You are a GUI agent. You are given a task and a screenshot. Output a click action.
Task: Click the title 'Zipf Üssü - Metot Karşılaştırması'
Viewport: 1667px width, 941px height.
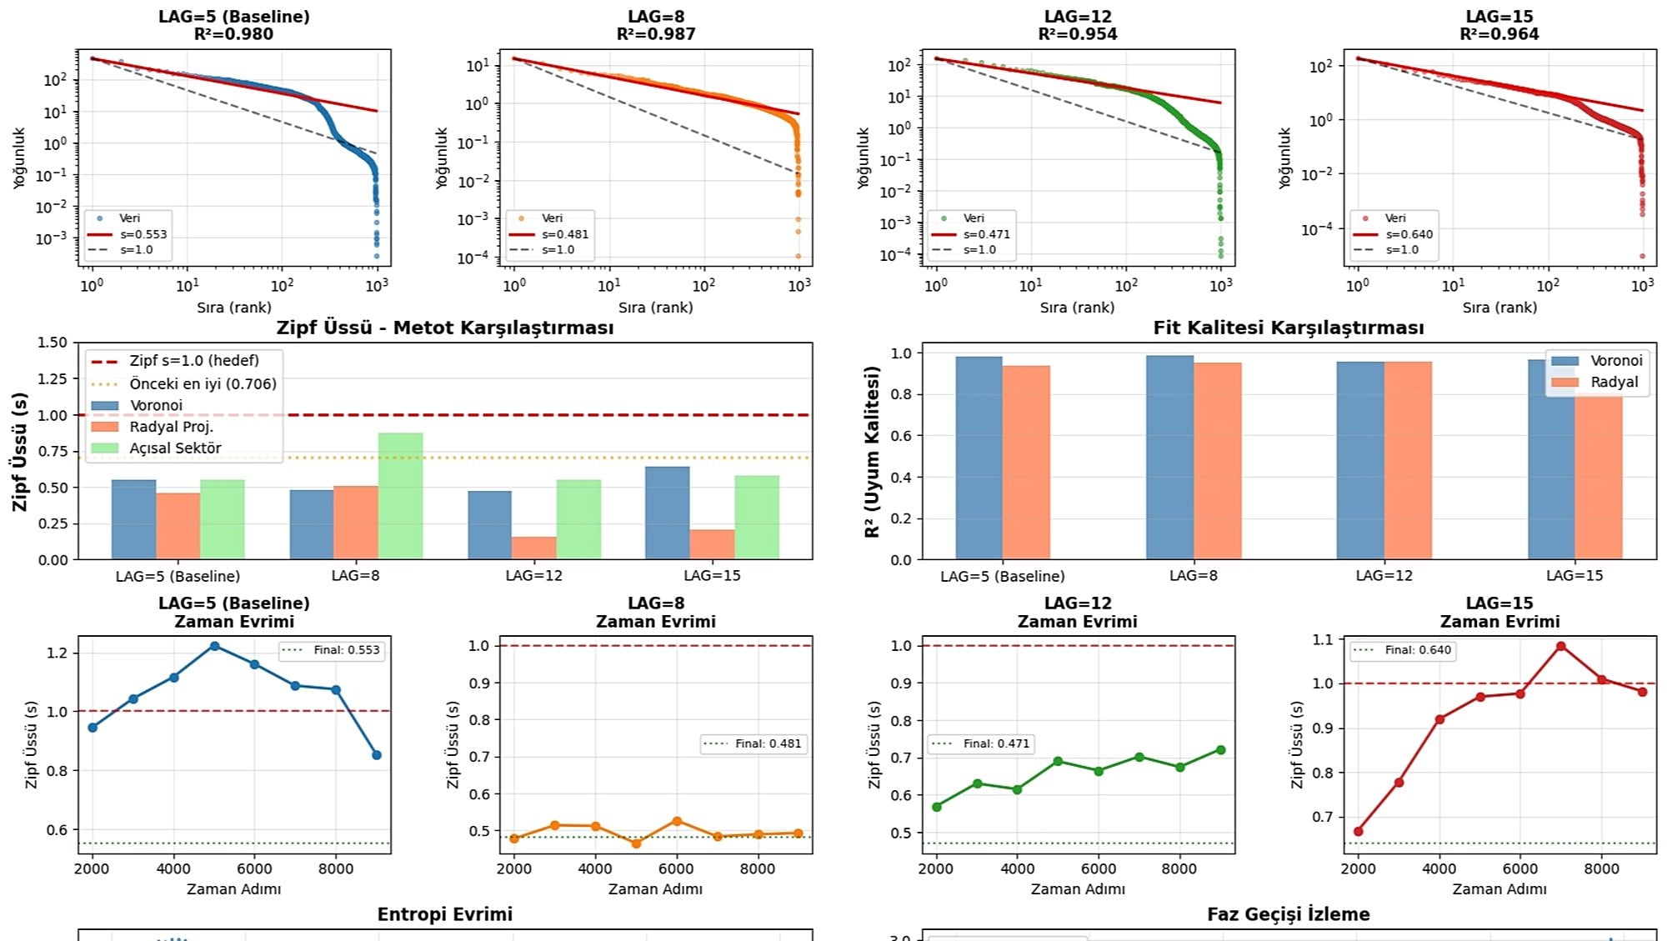445,328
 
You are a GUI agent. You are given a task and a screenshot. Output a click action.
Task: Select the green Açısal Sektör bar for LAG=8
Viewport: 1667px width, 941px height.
400,496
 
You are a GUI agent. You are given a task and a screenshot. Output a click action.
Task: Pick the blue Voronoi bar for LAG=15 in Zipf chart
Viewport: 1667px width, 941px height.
667,513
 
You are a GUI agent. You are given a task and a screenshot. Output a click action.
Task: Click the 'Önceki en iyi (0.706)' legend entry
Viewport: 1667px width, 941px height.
203,383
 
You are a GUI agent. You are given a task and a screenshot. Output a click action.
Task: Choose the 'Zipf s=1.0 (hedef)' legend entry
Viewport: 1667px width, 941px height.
194,360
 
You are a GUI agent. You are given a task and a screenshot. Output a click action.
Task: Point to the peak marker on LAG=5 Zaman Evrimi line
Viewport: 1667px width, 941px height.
215,646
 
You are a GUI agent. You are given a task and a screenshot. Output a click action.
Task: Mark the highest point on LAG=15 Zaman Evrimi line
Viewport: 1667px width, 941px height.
1561,646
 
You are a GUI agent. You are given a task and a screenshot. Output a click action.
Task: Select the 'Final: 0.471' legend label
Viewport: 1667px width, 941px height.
996,743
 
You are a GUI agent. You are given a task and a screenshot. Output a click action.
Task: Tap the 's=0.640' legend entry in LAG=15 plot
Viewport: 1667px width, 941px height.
1409,234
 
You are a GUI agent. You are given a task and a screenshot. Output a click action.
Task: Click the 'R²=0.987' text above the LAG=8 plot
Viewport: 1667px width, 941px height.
656,34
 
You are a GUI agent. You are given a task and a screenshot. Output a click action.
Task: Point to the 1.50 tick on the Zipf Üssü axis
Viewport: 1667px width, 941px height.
53,343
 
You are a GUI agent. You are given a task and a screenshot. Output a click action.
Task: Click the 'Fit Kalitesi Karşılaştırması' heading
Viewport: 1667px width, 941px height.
1289,328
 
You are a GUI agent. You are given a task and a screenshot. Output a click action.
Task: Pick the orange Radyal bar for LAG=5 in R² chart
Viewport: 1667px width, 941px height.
1026,463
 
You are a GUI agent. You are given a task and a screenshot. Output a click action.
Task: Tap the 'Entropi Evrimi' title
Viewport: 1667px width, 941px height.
445,914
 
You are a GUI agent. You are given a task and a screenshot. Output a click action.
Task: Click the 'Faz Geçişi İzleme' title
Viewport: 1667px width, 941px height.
1289,914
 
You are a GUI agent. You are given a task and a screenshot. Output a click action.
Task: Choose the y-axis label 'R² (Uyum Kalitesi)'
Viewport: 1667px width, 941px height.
873,451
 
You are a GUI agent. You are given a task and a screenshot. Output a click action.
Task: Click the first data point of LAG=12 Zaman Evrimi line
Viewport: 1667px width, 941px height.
937,807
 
